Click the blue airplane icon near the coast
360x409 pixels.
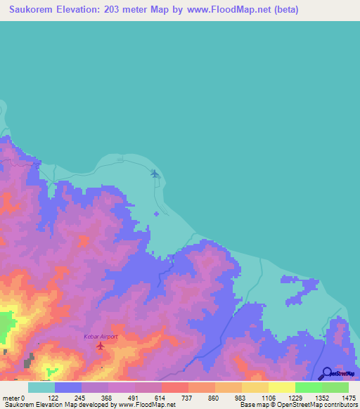(x=155, y=174)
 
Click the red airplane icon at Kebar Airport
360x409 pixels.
(x=100, y=346)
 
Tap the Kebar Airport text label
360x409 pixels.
(x=101, y=337)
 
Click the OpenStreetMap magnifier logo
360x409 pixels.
(x=326, y=373)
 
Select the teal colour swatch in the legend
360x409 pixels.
(x=41, y=387)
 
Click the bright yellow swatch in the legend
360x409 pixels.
(x=282, y=387)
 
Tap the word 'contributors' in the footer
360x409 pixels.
(x=340, y=405)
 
